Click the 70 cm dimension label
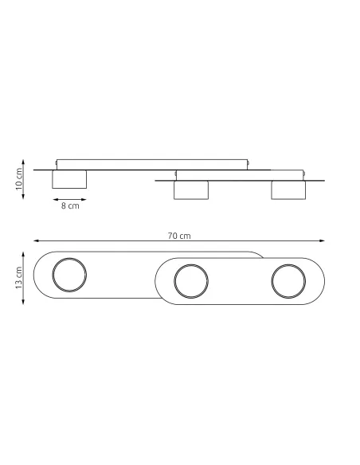180,236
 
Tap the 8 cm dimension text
70,205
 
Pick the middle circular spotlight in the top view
191,281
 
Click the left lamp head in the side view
69,179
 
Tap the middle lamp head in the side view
191,190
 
